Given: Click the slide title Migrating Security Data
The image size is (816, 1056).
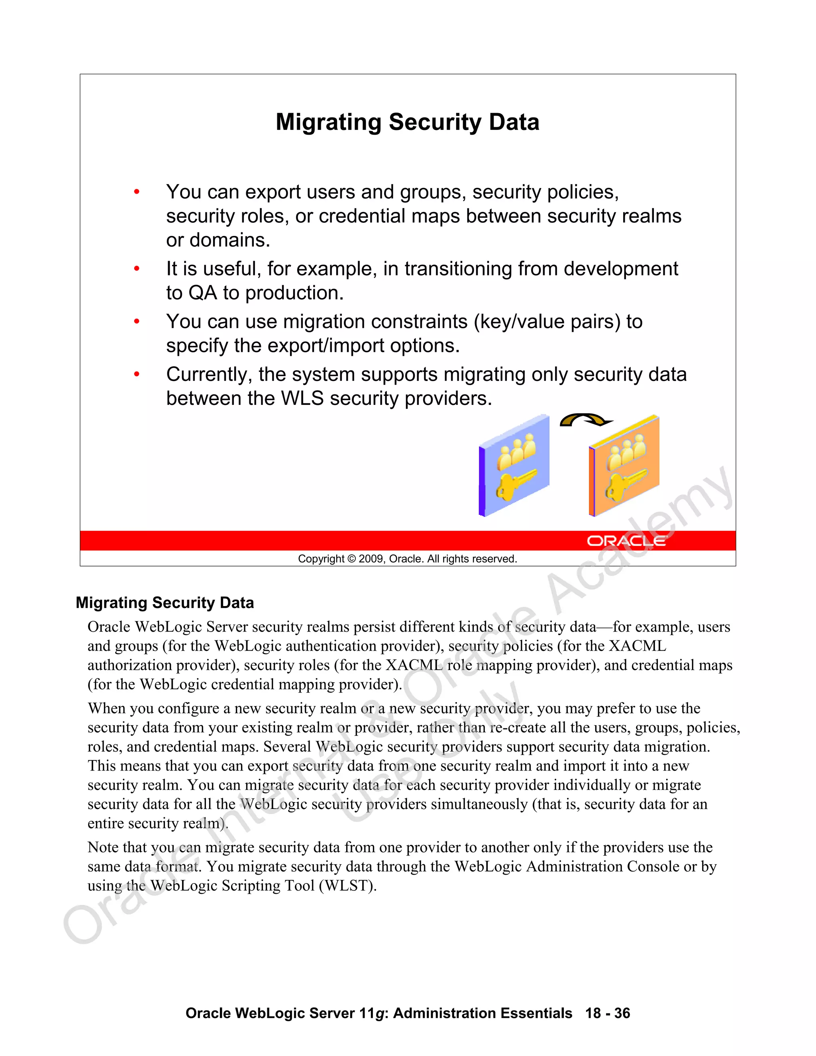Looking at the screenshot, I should point(407,122).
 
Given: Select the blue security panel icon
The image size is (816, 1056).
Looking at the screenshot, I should point(514,465).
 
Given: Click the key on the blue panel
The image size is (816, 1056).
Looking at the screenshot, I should point(515,485).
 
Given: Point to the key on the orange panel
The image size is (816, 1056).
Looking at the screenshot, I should point(626,485).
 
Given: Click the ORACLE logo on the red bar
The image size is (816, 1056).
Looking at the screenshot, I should point(626,541).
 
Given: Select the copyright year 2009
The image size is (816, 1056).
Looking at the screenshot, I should point(371,559).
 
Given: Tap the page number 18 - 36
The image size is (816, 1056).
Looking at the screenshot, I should point(608,1013).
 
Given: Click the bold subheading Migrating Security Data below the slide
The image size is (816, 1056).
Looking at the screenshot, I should point(165,603).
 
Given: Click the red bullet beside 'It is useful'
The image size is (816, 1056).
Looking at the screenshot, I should point(137,269).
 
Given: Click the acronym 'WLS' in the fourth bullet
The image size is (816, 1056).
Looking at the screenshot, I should point(302,399).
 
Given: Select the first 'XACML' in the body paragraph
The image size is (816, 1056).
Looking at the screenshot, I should point(637,646).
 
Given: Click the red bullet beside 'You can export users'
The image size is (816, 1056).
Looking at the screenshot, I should point(137,192).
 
